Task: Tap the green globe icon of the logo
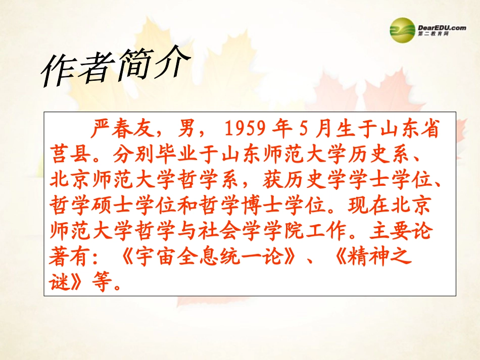(x=402, y=27)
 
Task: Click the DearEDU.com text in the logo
(x=442, y=28)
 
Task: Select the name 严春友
(x=124, y=130)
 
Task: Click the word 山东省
(x=406, y=130)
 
